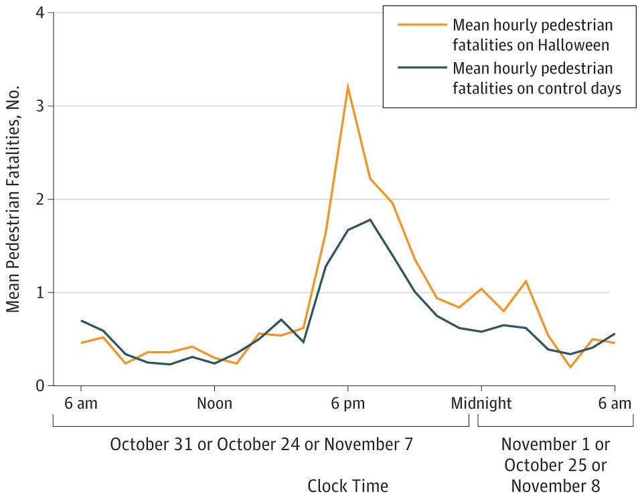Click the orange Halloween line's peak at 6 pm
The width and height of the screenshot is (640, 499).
click(347, 86)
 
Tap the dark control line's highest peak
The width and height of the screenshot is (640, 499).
click(370, 219)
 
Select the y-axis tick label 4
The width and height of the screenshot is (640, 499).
click(39, 13)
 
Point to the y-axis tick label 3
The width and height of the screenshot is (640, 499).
click(39, 106)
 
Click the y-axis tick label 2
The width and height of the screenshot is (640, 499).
click(39, 199)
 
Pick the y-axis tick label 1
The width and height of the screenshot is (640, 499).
click(39, 292)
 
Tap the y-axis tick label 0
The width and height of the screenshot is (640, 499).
click(39, 386)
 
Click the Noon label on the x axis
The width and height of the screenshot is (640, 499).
click(214, 403)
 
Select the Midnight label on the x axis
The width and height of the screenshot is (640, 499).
click(481, 403)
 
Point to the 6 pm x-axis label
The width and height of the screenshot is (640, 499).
click(347, 403)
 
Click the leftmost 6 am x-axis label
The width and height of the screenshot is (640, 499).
click(81, 403)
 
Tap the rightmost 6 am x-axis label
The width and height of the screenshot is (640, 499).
click(614, 403)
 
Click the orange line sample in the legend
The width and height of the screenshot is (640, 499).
click(421, 25)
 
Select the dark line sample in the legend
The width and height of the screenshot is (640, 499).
click(421, 68)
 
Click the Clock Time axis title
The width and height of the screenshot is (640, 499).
click(347, 484)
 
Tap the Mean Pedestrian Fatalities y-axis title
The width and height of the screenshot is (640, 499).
click(13, 200)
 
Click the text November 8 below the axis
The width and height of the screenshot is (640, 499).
click(556, 484)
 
